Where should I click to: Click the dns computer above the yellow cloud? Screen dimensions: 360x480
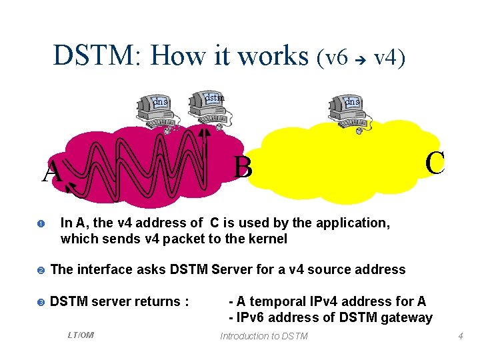pos(351,110)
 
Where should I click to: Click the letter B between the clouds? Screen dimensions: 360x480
pos(243,167)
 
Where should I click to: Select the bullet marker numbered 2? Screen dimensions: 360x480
pos(40,270)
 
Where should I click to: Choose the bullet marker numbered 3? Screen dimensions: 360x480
pos(40,302)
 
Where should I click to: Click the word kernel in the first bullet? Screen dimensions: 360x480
pos(268,239)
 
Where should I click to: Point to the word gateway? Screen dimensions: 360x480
pos(406,317)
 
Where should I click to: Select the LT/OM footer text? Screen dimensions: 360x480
pos(81,335)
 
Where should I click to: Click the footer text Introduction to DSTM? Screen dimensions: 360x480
pos(264,336)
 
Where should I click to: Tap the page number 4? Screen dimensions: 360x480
pos(460,336)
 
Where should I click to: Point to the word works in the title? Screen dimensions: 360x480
pos(271,55)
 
